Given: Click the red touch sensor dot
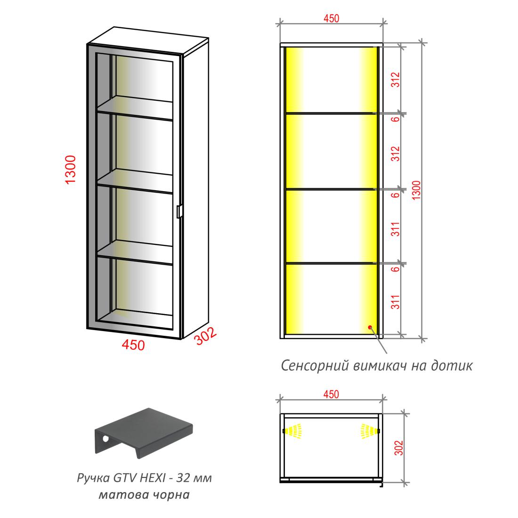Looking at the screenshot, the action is click(370, 327).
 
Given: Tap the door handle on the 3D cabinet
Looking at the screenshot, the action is click(179, 211).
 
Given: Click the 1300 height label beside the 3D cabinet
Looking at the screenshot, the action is click(71, 170).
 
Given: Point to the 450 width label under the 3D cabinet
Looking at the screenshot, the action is click(133, 345).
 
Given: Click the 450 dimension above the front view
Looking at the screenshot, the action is click(331, 18).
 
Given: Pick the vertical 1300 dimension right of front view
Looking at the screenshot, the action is click(417, 190).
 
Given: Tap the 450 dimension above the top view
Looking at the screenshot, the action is click(331, 394).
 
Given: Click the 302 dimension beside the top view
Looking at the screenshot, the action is click(399, 448).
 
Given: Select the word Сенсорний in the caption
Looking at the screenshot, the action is click(315, 366).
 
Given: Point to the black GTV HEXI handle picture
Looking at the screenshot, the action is click(144, 433).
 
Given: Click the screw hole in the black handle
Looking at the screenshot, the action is click(105, 439).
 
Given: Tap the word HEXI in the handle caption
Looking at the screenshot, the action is click(155, 478).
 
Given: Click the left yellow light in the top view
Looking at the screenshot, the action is click(293, 431).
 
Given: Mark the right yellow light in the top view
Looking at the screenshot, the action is click(370, 431).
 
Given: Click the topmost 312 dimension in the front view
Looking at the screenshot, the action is click(396, 80).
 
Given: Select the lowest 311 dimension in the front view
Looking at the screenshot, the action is click(396, 301).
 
